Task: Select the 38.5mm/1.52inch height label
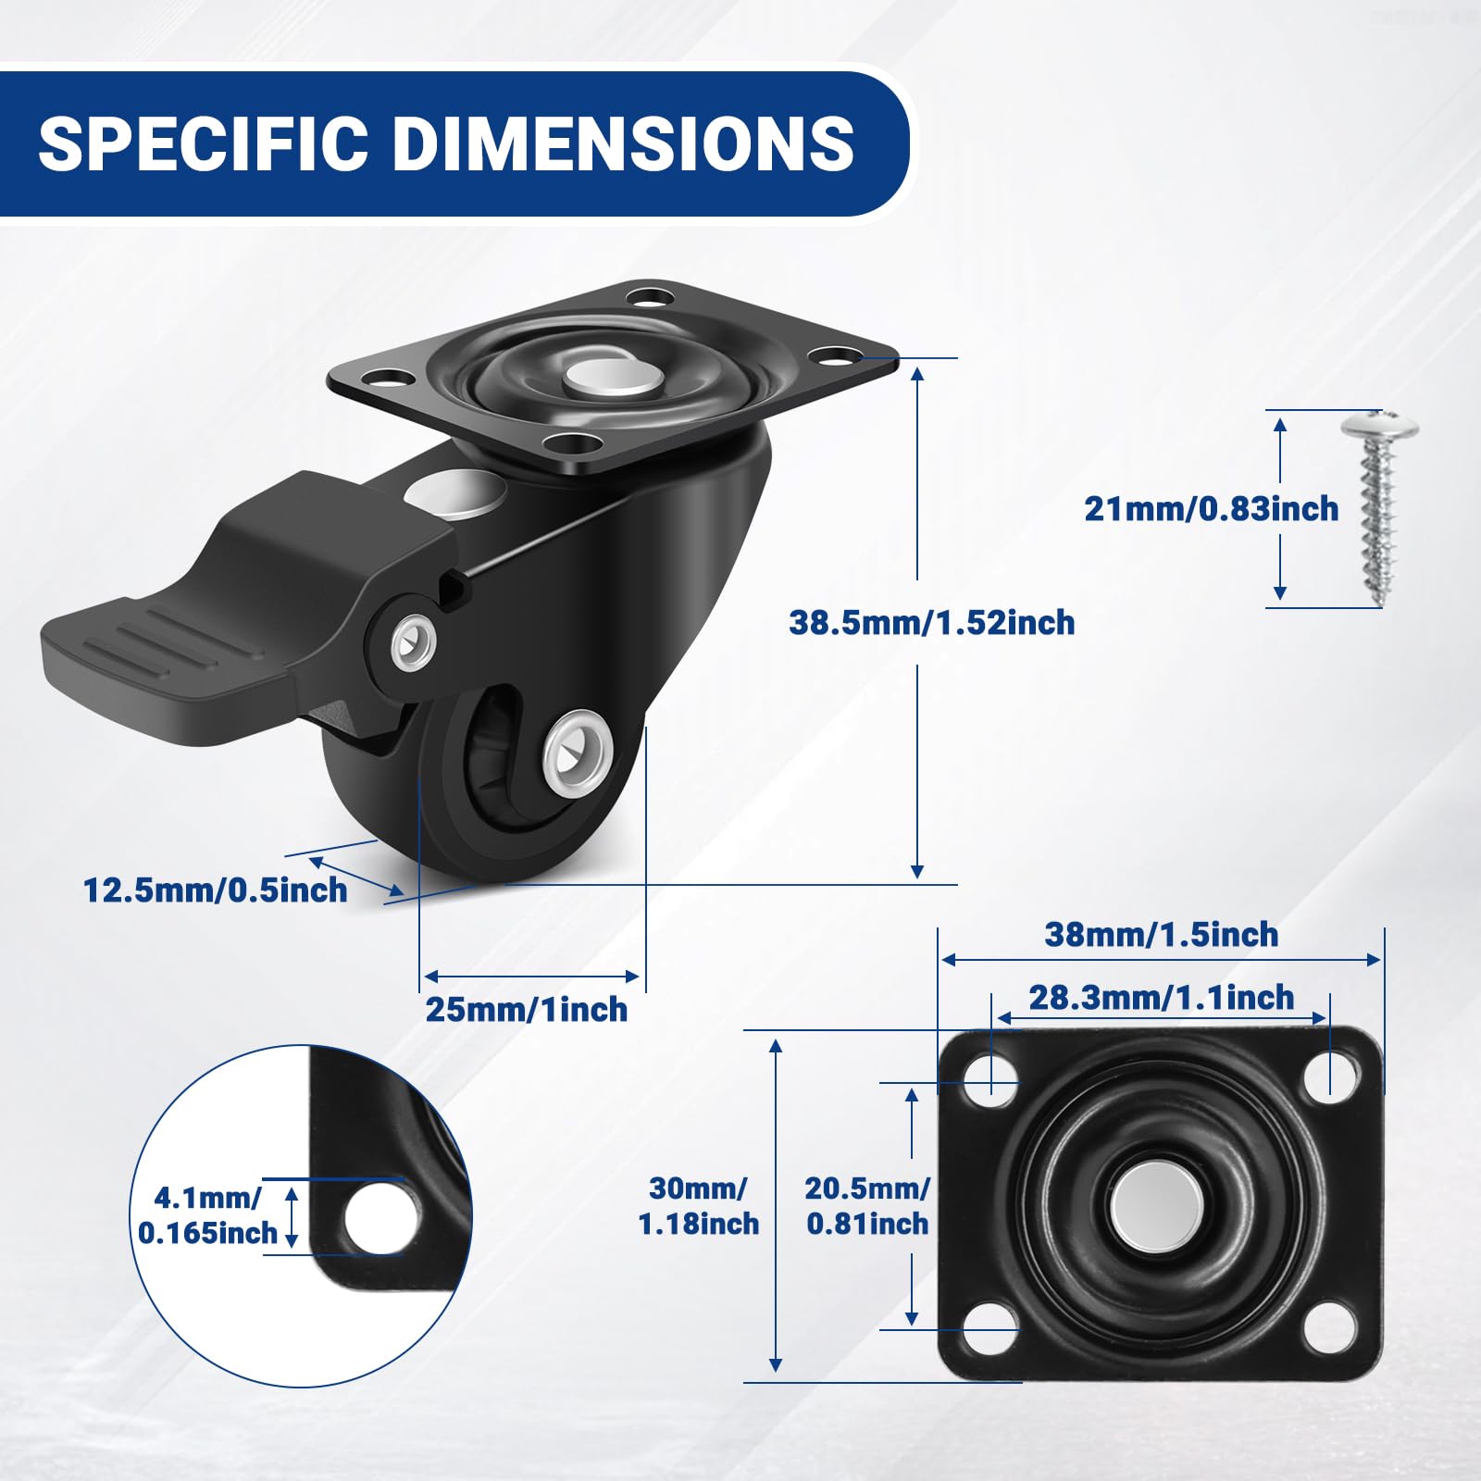click(x=932, y=622)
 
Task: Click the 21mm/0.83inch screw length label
click(x=1212, y=508)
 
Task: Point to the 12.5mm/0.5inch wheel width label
click(x=216, y=890)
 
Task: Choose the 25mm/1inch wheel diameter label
click(x=527, y=1009)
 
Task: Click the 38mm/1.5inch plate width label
click(x=1162, y=934)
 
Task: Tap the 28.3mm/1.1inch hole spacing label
click(x=1162, y=997)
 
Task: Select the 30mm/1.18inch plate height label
click(x=699, y=1205)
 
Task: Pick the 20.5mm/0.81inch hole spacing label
click(x=867, y=1205)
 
